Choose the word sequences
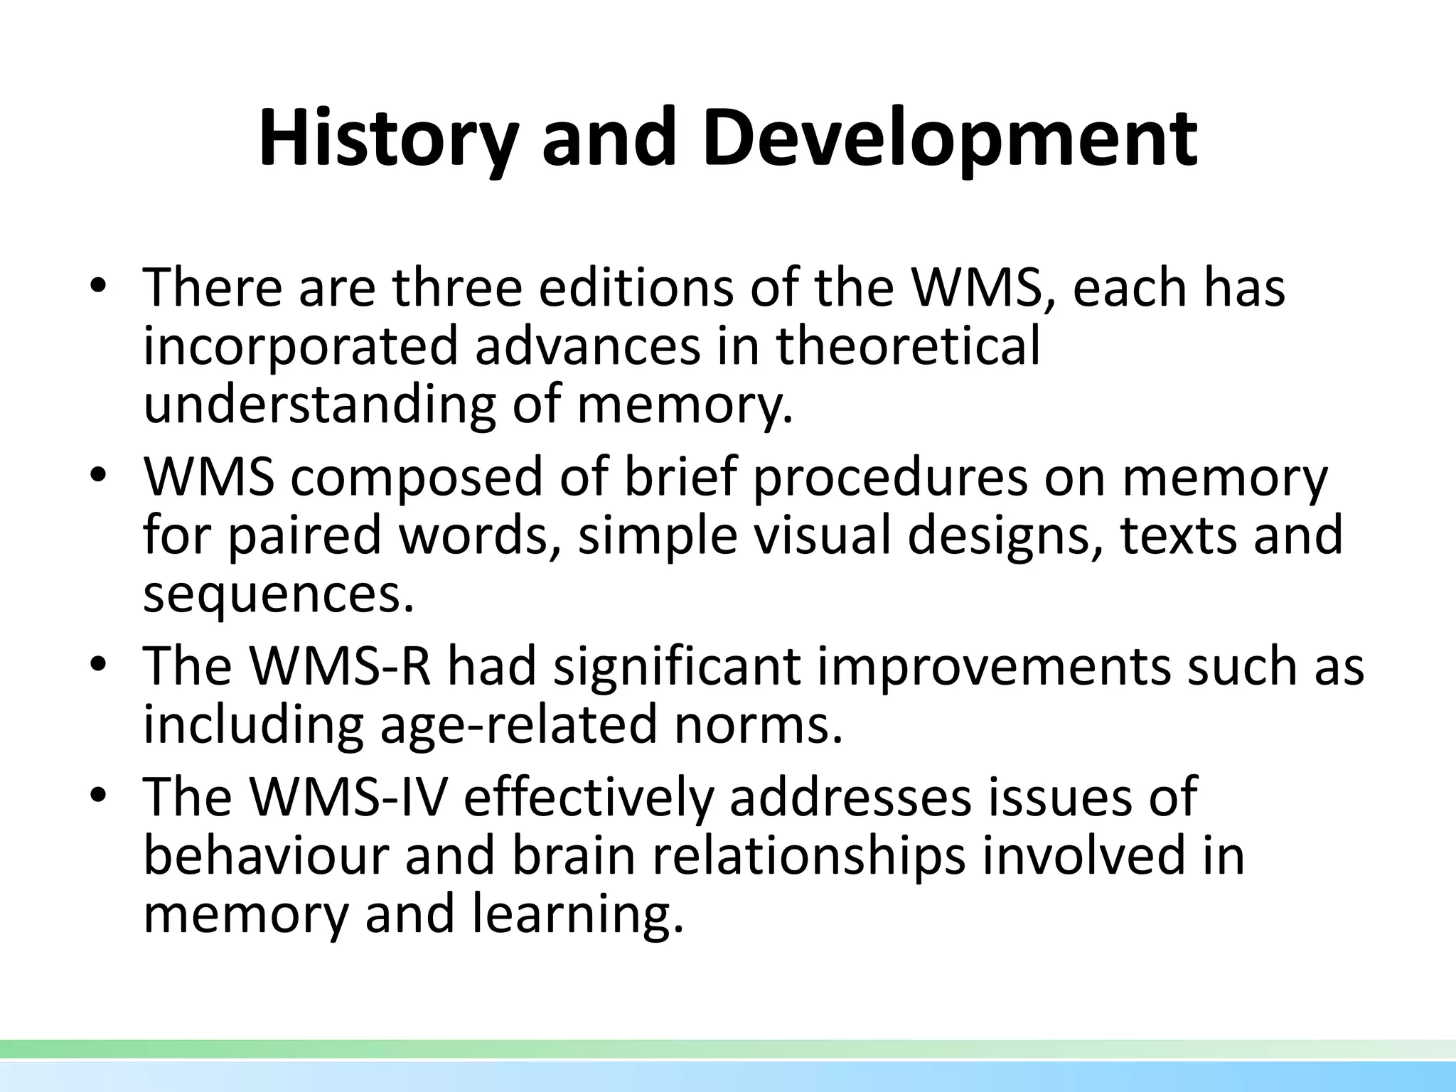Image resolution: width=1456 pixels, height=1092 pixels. point(278,594)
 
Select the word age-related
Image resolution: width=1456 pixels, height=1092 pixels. point(518,724)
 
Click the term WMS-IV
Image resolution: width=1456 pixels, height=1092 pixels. point(348,798)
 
